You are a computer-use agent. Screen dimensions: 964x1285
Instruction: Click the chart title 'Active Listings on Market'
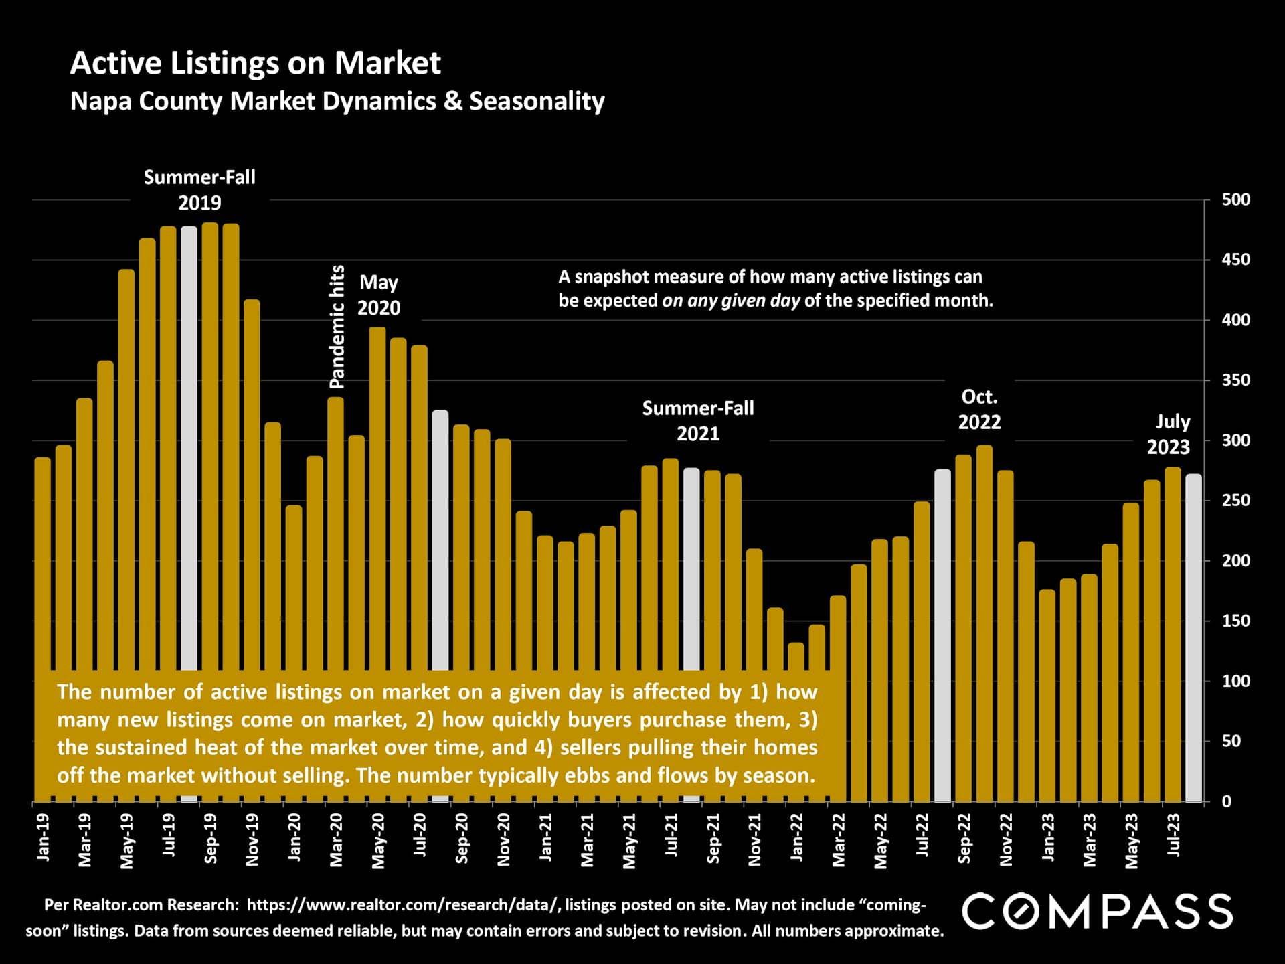[255, 63]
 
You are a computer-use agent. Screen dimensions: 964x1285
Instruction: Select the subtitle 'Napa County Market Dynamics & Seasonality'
[337, 101]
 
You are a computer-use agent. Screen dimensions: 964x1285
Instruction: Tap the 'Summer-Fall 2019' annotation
[199, 190]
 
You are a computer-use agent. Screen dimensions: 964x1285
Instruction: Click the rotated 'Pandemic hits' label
[337, 327]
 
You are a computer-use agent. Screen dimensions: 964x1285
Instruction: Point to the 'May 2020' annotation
[379, 295]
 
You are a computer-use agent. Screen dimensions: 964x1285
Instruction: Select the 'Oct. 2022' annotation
[979, 410]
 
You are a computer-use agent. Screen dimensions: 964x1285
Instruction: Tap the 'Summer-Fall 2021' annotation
[697, 421]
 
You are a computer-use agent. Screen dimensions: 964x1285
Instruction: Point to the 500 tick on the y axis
[1235, 199]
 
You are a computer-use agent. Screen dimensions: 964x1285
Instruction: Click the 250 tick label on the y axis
[1235, 501]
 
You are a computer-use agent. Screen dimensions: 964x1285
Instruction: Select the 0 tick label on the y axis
[1226, 802]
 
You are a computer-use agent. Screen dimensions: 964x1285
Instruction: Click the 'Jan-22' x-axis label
[796, 837]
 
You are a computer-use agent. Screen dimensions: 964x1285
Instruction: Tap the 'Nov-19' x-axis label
[252, 839]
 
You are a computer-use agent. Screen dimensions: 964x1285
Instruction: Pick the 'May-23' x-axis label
[1132, 841]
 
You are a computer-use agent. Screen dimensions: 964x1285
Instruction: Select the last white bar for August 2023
[1193, 636]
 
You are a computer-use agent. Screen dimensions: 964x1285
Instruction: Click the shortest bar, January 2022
[796, 723]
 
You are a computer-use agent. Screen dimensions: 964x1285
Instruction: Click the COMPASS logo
[1098, 911]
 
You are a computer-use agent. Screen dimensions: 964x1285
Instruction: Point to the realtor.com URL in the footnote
[402, 905]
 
